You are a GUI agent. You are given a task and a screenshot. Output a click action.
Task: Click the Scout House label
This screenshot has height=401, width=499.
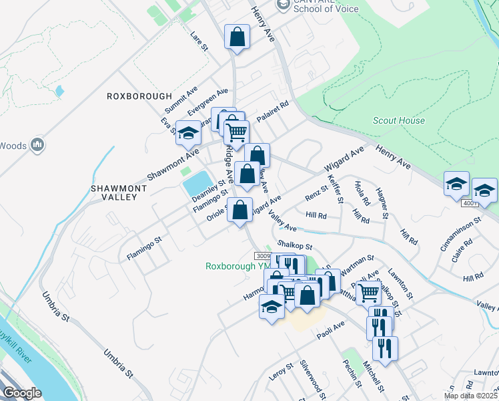tap(398, 120)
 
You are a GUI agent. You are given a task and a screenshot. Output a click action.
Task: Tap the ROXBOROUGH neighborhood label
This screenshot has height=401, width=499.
tap(135, 96)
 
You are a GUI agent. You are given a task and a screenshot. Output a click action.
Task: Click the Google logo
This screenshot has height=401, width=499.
tap(22, 392)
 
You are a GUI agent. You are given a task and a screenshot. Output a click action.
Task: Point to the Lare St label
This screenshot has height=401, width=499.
tap(199, 41)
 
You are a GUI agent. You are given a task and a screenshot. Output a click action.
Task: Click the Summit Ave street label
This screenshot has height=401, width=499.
tap(181, 100)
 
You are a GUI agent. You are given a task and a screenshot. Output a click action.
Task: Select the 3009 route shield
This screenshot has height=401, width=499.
tap(263, 256)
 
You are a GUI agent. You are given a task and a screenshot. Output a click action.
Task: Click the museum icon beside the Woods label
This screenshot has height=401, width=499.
tap(37, 144)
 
